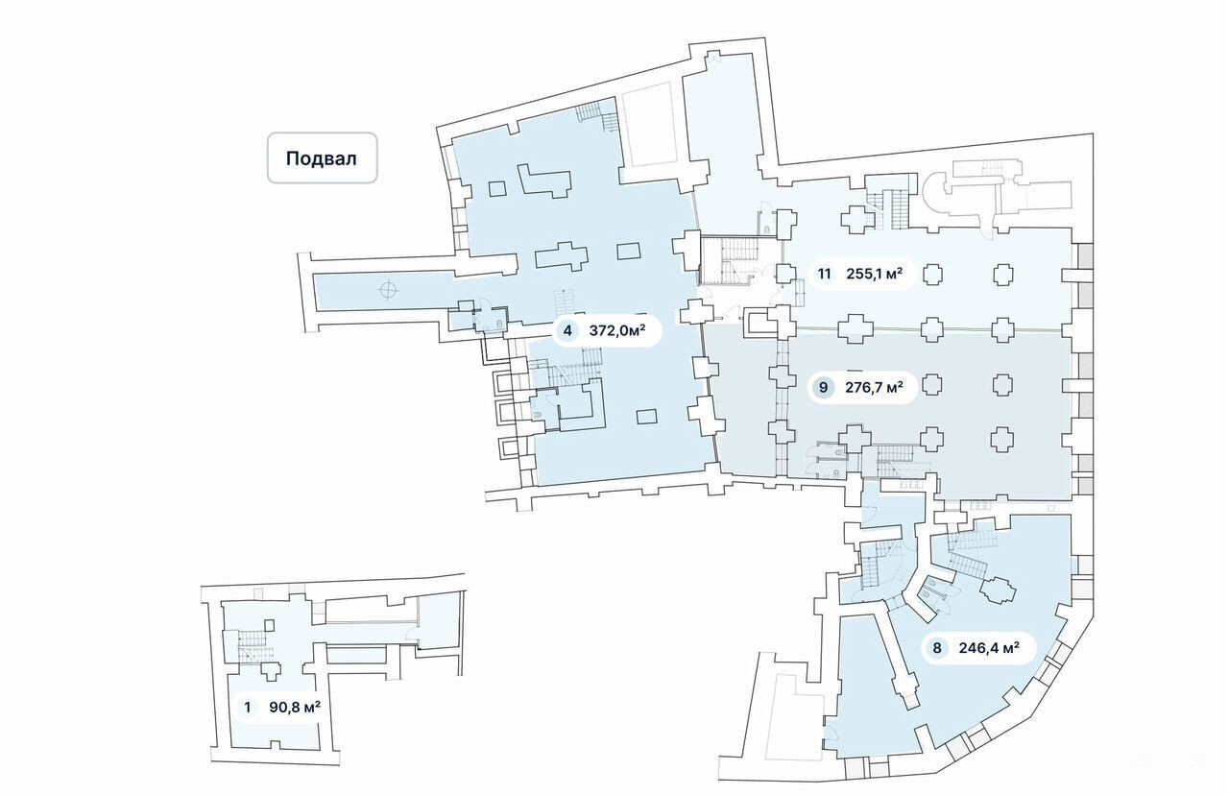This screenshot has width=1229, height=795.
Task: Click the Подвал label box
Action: pyautogui.click(x=322, y=157)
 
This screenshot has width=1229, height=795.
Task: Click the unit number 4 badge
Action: pyautogui.click(x=567, y=331)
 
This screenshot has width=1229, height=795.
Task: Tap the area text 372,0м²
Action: pyautogui.click(x=616, y=331)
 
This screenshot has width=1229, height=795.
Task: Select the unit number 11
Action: pyautogui.click(x=824, y=273)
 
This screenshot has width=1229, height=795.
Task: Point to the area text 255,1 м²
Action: pyautogui.click(x=874, y=273)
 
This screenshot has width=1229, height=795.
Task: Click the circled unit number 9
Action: pyautogui.click(x=822, y=388)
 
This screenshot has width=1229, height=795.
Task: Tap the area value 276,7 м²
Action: pyautogui.click(x=874, y=388)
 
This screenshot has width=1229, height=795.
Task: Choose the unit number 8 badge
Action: pyautogui.click(x=936, y=647)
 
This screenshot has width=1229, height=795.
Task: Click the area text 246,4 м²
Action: pyautogui.click(x=988, y=647)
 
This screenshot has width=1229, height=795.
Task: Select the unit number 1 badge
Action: pyautogui.click(x=249, y=709)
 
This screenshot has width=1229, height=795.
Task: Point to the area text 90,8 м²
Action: pyautogui.click(x=293, y=709)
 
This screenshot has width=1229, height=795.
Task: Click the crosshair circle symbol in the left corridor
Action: pyautogui.click(x=387, y=289)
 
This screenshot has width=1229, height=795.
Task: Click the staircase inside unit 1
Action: pyautogui.click(x=252, y=642)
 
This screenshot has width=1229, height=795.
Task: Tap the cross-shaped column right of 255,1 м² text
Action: pyautogui.click(x=931, y=275)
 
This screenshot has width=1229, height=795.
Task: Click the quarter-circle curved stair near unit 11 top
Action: pyautogui.click(x=935, y=198)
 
